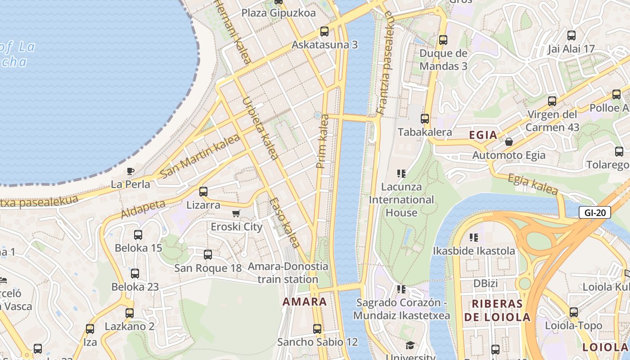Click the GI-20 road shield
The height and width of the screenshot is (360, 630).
pyautogui.click(x=594, y=212)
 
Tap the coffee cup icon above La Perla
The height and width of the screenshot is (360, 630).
pyautogui.click(x=130, y=171)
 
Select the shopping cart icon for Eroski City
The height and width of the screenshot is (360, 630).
pyautogui.click(x=236, y=213)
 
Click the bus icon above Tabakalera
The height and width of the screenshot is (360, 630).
pyautogui.click(x=425, y=119)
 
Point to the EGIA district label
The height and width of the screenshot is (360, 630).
pyautogui.click(x=483, y=135)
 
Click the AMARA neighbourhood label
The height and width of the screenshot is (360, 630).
pyautogui.click(x=305, y=301)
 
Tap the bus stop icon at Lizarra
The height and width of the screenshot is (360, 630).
pyautogui.click(x=203, y=192)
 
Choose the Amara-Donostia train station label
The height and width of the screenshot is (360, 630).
pyautogui.click(x=288, y=273)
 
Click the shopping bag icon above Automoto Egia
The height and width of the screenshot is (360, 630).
pyautogui.click(x=509, y=142)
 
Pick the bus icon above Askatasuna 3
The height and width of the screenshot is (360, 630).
pyautogui.click(x=324, y=31)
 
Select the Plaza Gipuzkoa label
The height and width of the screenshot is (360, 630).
pyautogui.click(x=279, y=13)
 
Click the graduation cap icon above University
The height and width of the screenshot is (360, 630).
pyautogui.click(x=410, y=346)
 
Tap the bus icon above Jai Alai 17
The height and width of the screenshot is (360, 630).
pyautogui.click(x=571, y=36)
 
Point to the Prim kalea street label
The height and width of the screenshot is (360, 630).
pyautogui.click(x=323, y=141)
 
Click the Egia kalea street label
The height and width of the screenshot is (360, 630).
pyautogui.click(x=533, y=184)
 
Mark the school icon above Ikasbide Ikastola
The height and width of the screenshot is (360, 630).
pyautogui.click(x=473, y=237)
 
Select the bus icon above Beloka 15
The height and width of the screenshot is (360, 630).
pyautogui.click(x=138, y=235)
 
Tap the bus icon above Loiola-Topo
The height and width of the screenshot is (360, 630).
pyautogui.click(x=574, y=312)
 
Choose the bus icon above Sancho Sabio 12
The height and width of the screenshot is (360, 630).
pyautogui.click(x=317, y=329)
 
